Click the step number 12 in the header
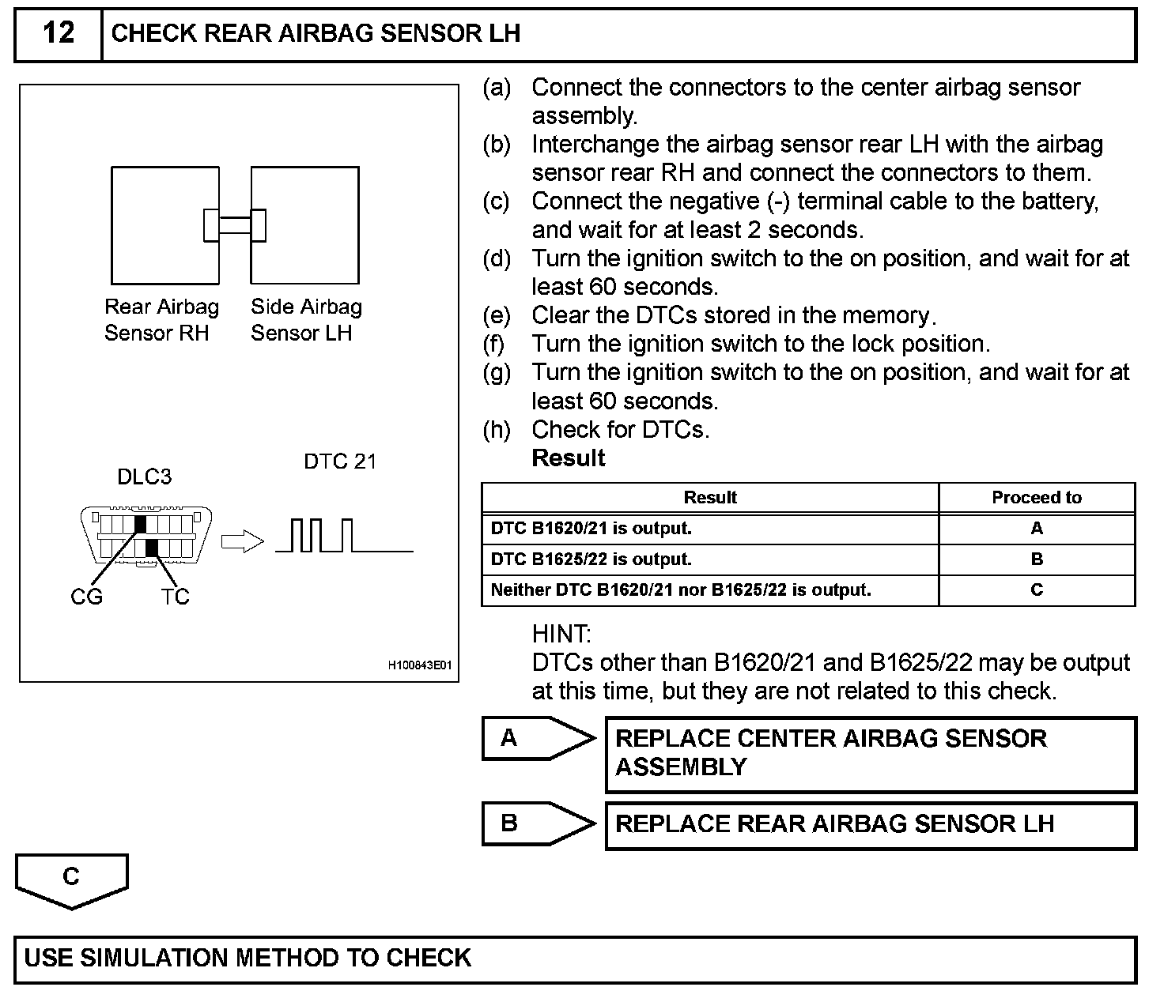click(x=59, y=33)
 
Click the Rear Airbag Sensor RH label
click(x=161, y=319)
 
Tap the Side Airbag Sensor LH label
click(x=306, y=319)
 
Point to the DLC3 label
click(x=144, y=477)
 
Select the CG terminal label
click(x=86, y=597)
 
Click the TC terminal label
click(x=175, y=597)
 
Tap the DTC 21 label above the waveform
click(x=340, y=461)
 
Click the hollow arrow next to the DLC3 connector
click(x=241, y=542)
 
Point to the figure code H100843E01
click(x=419, y=666)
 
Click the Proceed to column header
click(x=1036, y=498)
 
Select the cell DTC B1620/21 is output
click(x=591, y=529)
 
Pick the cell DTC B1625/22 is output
click(x=591, y=559)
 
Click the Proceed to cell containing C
click(x=1037, y=590)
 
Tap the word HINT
click(x=561, y=634)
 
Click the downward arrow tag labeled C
click(x=71, y=879)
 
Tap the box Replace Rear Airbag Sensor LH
click(x=870, y=825)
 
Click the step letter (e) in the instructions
click(x=497, y=315)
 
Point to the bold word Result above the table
click(x=569, y=458)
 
